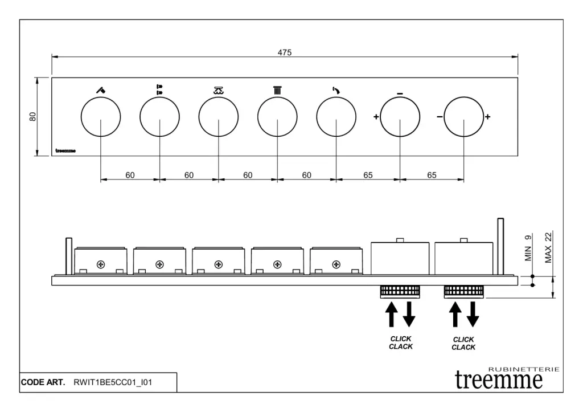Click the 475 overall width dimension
tap(285, 52)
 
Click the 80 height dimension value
tap(33, 116)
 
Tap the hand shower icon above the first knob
tap(100, 89)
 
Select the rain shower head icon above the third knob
tap(218, 89)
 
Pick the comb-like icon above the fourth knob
tap(277, 89)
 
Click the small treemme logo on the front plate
tap(65, 151)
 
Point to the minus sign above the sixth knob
tap(400, 93)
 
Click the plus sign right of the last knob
tap(487, 117)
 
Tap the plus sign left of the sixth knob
tap(376, 117)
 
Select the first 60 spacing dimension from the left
tap(130, 176)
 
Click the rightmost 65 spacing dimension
tap(432, 176)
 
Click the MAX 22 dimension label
tap(548, 247)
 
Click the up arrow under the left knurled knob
tap(391, 315)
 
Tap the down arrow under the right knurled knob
tap(473, 315)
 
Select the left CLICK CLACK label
tap(401, 342)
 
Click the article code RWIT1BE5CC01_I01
tap(113, 382)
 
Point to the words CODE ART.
tap(43, 382)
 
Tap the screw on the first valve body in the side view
tap(101, 264)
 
